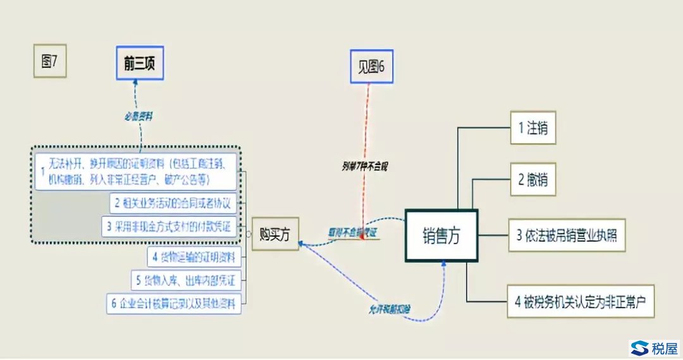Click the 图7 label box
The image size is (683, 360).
49,61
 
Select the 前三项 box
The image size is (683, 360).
139,63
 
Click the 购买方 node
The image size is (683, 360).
275,233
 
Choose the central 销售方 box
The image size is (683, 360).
441,235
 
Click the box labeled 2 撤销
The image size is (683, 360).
533,180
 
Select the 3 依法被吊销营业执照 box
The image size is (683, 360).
566,236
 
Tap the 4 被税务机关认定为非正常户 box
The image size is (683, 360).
581,300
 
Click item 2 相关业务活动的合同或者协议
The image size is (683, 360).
173,203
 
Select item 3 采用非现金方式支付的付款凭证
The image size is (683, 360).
169,225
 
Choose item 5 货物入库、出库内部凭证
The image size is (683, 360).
187,280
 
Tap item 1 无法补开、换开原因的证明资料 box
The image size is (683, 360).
136,170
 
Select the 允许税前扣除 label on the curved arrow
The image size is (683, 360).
390,309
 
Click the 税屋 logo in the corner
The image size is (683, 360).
654,347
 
